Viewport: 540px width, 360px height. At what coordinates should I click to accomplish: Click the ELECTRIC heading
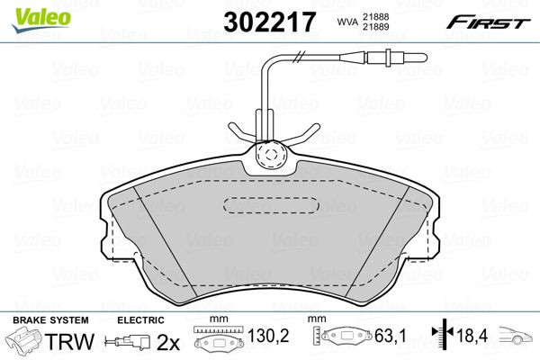[140, 319]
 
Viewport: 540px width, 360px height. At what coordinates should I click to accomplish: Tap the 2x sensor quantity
[167, 342]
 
